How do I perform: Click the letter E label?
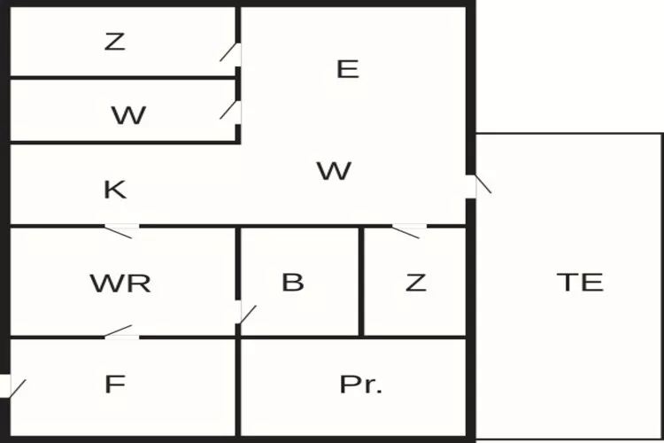[348, 69]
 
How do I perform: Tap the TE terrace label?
[580, 282]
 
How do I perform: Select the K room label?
[115, 189]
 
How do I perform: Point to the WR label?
[120, 283]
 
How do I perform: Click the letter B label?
[292, 282]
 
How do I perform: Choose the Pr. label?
[361, 385]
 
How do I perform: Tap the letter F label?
[114, 385]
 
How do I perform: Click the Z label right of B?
[415, 283]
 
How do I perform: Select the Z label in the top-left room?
[114, 41]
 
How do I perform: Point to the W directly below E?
[334, 170]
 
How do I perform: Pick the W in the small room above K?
[128, 115]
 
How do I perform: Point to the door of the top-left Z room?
[232, 52]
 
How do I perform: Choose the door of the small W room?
[232, 110]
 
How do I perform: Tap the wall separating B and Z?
[361, 282]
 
